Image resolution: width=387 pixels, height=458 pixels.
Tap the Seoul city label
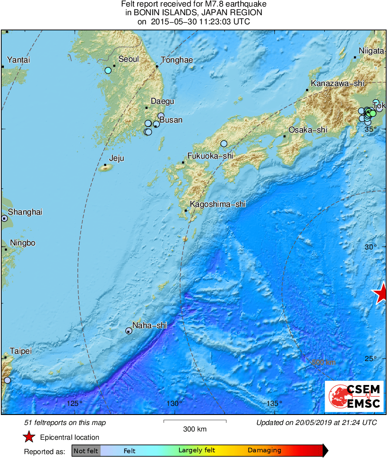[x=128, y=59]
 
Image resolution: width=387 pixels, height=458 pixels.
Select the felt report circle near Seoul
[x=108, y=70]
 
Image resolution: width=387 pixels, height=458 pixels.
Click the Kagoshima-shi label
[x=218, y=204]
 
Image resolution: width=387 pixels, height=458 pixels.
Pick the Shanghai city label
[x=25, y=212]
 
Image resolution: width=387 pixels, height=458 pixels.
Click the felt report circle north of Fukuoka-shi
[x=224, y=143]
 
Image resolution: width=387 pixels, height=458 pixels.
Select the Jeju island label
[x=116, y=158]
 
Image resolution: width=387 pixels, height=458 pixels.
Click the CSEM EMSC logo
[x=354, y=396]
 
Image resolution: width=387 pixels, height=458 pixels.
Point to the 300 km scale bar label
[x=195, y=429]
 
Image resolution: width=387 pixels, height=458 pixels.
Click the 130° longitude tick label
[x=174, y=404]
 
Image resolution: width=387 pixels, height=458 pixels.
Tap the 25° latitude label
[x=371, y=358]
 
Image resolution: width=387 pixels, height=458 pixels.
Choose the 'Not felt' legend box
[x=86, y=451]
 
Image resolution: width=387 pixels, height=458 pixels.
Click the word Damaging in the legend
[x=264, y=451]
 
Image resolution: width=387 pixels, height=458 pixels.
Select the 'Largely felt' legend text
[x=197, y=451]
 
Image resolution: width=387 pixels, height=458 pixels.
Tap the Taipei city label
[x=21, y=351]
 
